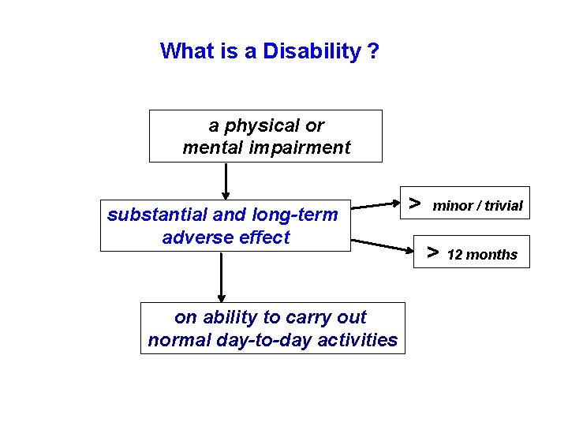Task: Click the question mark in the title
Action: (372, 51)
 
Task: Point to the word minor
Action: (453, 206)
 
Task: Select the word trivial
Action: (503, 206)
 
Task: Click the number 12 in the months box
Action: (454, 255)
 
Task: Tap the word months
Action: (492, 255)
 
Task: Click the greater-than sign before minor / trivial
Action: (415, 203)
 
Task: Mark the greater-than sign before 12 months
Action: (432, 252)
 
